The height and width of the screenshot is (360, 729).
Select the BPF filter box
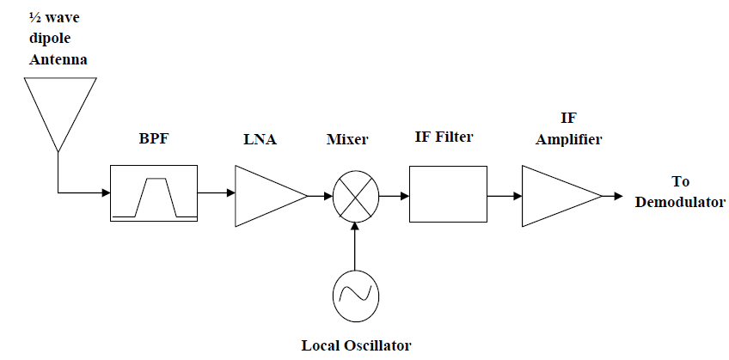(x=154, y=194)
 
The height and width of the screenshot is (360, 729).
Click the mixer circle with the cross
(x=354, y=197)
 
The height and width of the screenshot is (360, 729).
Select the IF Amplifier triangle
(x=554, y=197)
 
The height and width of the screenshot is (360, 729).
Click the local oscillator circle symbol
(x=354, y=293)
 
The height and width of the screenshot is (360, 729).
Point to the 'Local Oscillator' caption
(x=356, y=345)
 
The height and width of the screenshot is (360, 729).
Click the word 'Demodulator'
(x=686, y=202)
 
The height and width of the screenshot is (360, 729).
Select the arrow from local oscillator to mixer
(x=354, y=245)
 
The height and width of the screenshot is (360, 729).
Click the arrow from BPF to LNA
(x=217, y=196)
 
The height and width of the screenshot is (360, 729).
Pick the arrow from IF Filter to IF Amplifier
(x=504, y=196)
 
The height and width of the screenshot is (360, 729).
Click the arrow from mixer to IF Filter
(x=394, y=196)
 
